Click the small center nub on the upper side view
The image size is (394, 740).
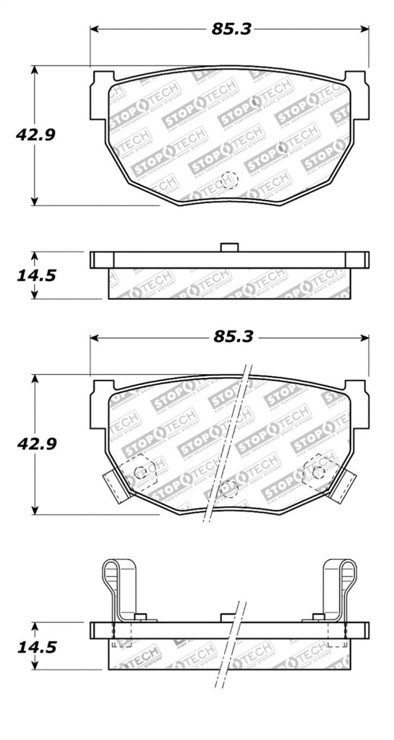pyautogui.click(x=229, y=247)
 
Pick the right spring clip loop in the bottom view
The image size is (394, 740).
pyautogui.click(x=340, y=578)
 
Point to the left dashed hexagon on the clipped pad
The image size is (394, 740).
pyautogui.click(x=140, y=470)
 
